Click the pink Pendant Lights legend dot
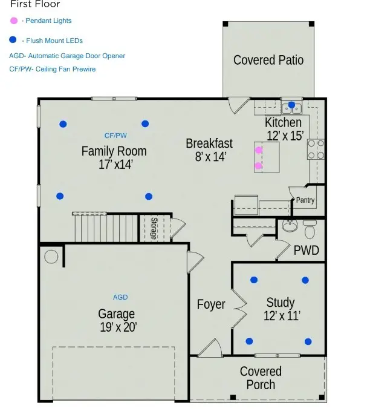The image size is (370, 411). click(x=14, y=21)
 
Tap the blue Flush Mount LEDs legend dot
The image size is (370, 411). click(x=14, y=41)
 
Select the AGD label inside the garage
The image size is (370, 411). click(x=120, y=297)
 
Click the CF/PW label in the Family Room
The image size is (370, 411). click(x=115, y=136)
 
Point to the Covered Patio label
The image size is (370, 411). click(x=268, y=60)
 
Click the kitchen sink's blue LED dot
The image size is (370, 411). click(x=291, y=105)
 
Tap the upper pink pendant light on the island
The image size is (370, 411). click(x=259, y=150)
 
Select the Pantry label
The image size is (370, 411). click(x=305, y=200)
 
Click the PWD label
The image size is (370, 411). click(x=306, y=250)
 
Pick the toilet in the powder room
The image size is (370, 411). click(x=310, y=229)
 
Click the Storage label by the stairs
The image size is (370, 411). click(x=154, y=229)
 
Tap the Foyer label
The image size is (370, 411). click(x=211, y=304)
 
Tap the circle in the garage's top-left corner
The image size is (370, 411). click(x=51, y=256)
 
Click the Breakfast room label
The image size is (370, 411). click(x=209, y=143)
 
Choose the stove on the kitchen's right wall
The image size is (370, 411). click(x=317, y=150)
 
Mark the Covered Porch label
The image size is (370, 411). click(x=261, y=378)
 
